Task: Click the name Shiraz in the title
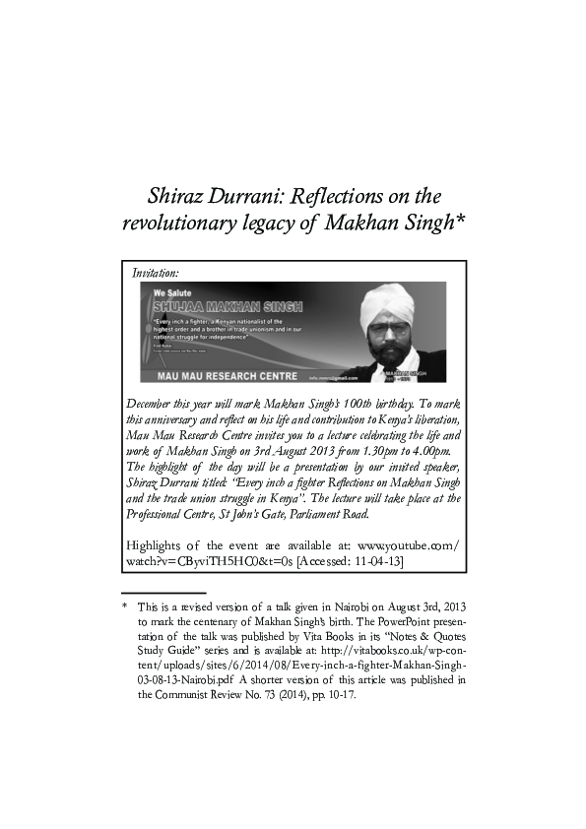pos(175,195)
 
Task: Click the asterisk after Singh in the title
pos(459,219)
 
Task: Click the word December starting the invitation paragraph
pos(155,404)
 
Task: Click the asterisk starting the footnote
pos(125,608)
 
